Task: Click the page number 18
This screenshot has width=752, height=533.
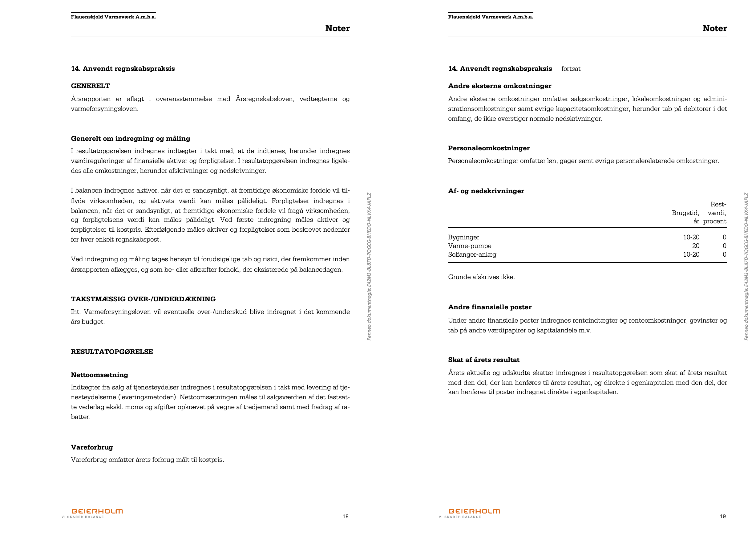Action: (x=345, y=516)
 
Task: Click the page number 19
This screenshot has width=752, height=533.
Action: (x=722, y=516)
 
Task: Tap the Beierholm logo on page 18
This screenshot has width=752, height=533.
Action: (x=97, y=511)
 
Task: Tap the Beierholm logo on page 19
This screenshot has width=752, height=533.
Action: (x=474, y=511)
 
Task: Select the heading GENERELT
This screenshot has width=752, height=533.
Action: (x=90, y=86)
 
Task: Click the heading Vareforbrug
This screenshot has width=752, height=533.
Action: (x=92, y=447)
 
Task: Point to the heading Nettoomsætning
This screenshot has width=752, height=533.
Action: (x=99, y=375)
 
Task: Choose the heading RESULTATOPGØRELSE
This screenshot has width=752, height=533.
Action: (x=112, y=352)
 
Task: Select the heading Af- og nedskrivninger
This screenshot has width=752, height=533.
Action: (x=486, y=191)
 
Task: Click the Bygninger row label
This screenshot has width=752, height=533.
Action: (x=463, y=237)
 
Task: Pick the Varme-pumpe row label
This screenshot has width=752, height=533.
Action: (x=470, y=246)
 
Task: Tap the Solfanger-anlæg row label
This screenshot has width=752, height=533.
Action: (x=472, y=255)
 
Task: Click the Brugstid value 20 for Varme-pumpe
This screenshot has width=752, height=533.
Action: (x=696, y=246)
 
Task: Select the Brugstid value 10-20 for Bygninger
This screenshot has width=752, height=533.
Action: (x=691, y=237)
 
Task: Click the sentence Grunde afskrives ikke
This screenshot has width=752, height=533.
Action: (x=481, y=277)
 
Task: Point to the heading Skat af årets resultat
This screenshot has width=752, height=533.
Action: (x=484, y=360)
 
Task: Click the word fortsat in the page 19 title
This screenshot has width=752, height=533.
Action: (x=571, y=69)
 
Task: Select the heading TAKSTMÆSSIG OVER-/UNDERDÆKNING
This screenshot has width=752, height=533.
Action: (x=143, y=299)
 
